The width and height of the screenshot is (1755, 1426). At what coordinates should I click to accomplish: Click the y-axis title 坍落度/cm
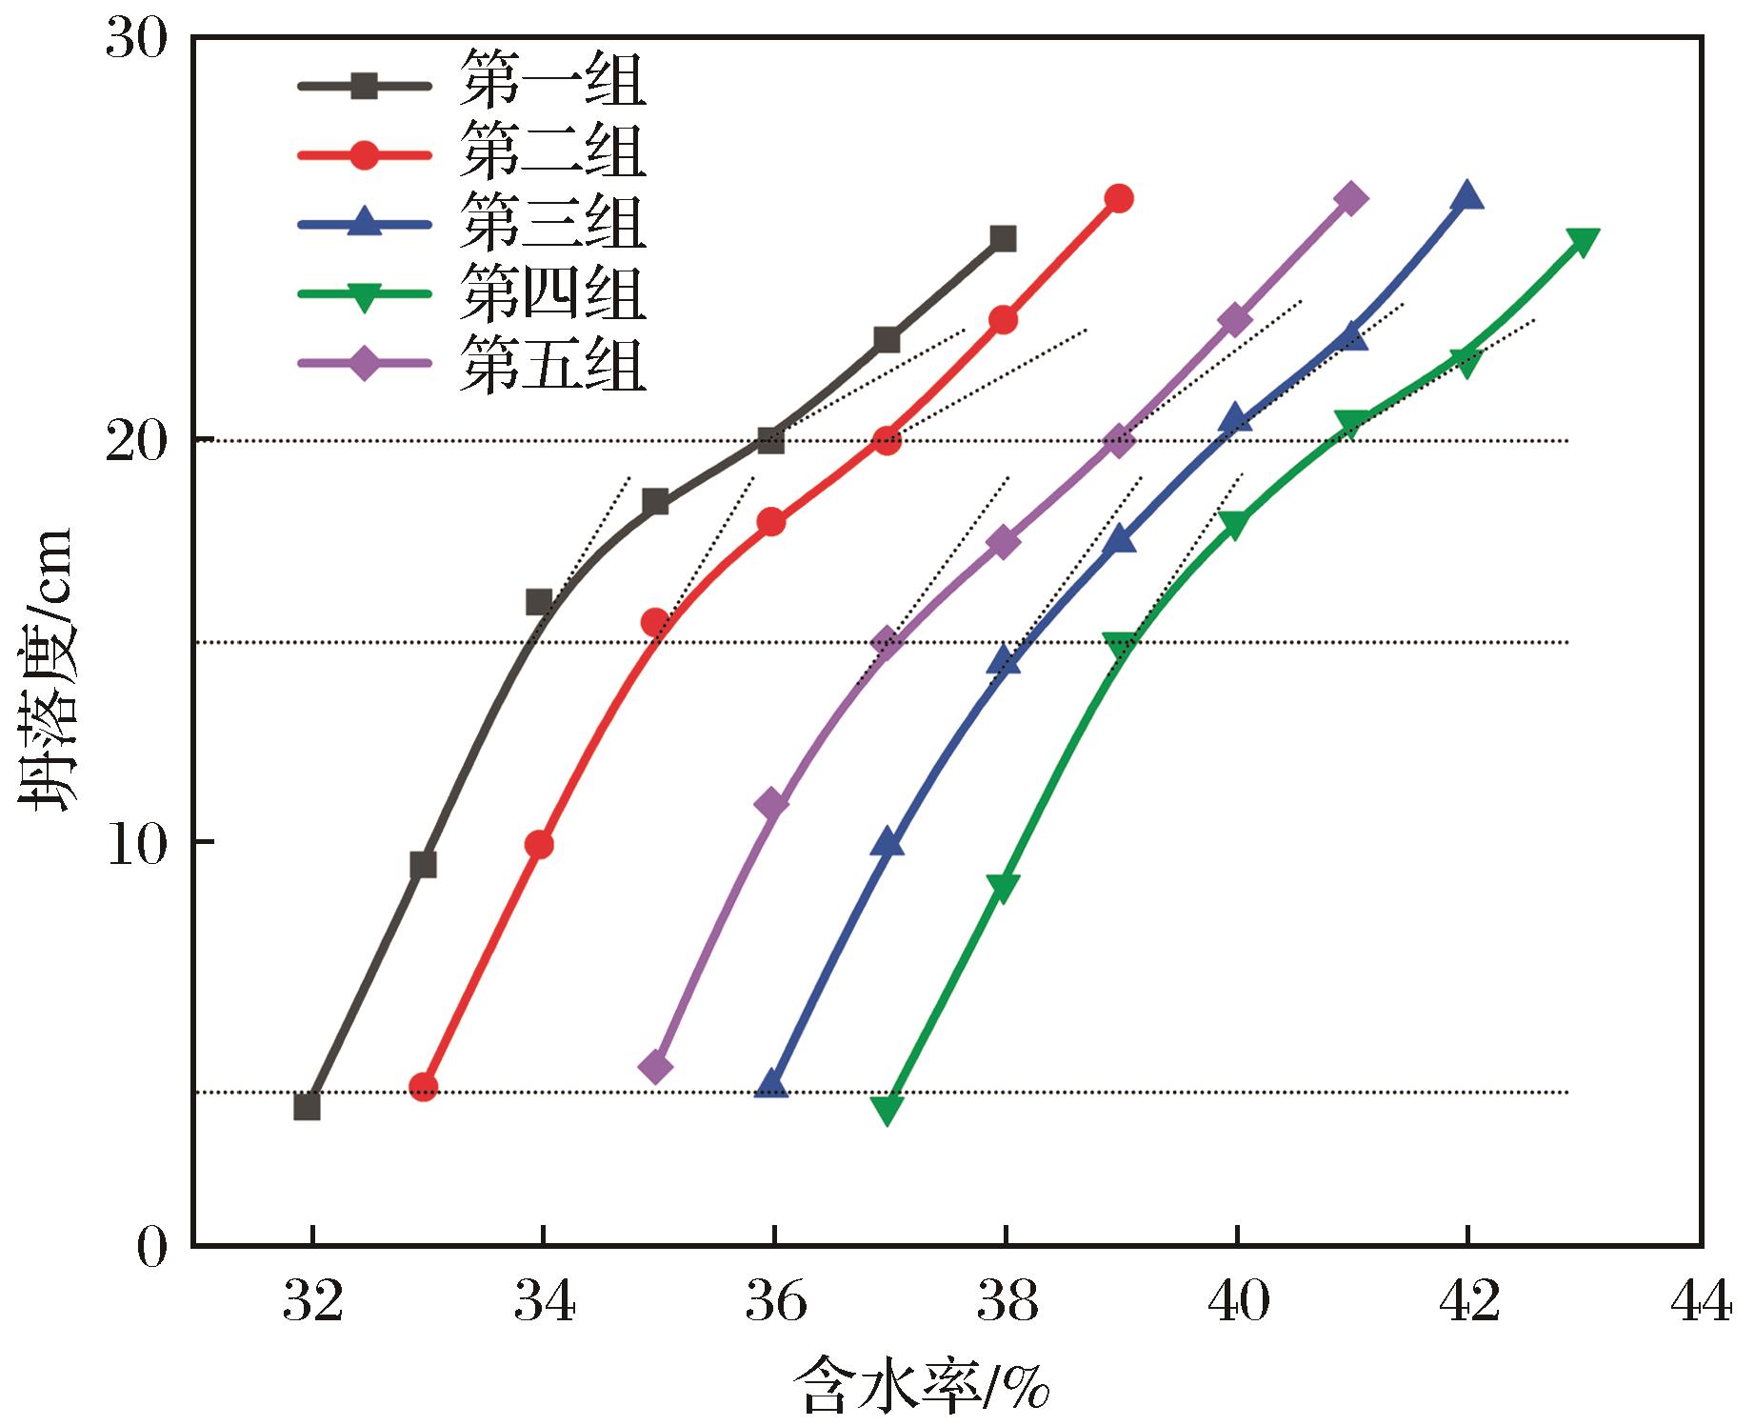(48, 667)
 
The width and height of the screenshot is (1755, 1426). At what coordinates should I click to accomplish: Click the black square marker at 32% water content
(307, 1107)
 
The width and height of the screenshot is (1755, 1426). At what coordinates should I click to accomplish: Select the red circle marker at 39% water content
(1120, 198)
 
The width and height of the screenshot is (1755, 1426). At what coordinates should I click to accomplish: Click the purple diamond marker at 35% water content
(655, 1067)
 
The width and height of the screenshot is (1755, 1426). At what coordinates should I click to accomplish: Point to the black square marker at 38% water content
(1003, 238)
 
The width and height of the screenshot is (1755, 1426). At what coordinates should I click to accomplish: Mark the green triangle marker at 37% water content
(887, 1109)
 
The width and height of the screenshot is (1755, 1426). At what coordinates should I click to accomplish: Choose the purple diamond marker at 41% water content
(1351, 198)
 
